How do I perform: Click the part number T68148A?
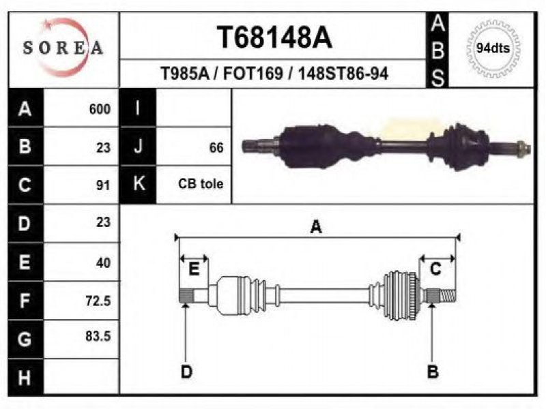[274, 37]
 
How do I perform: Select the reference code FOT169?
[253, 74]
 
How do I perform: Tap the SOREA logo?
[63, 47]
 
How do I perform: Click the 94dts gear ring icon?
[493, 48]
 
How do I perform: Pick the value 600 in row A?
[100, 109]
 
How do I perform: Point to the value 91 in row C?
[104, 185]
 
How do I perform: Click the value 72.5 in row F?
[98, 301]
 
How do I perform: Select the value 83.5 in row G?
[98, 336]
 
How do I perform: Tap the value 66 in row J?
[216, 148]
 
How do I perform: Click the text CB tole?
[201, 183]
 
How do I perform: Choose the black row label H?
[25, 378]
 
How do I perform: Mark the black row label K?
[139, 184]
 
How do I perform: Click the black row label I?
[139, 108]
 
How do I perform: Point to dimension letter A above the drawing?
[316, 227]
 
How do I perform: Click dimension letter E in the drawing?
[194, 269]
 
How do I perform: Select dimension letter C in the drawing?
[435, 269]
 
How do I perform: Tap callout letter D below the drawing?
[186, 372]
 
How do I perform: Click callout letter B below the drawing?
[433, 372]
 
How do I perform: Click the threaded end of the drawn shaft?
[448, 296]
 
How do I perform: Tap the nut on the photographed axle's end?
[523, 149]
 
